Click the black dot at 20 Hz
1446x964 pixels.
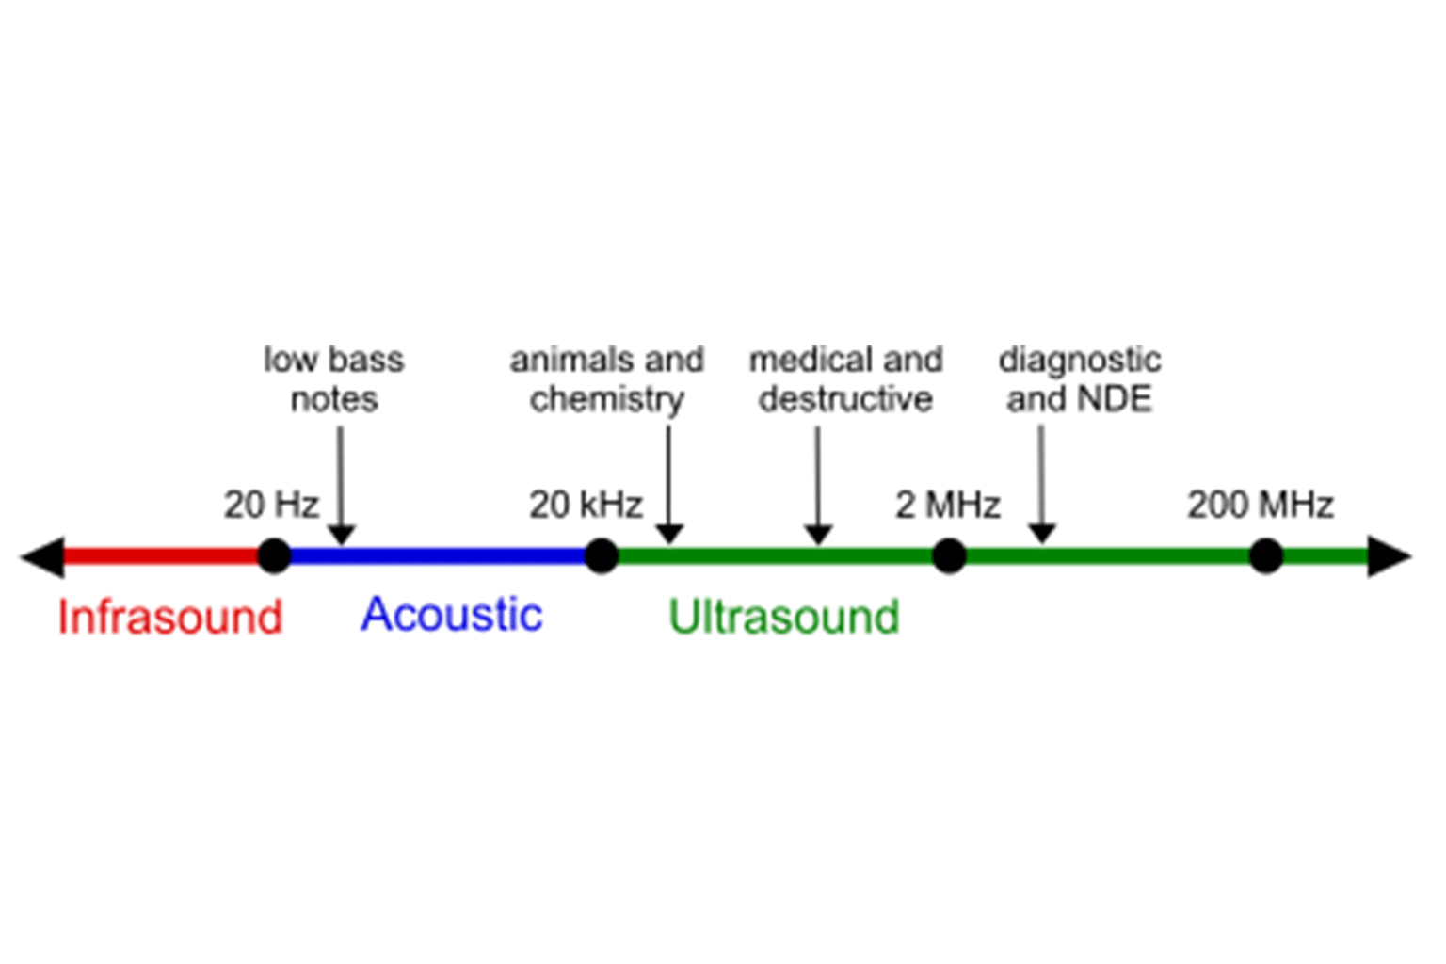(274, 555)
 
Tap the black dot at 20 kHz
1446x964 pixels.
(601, 555)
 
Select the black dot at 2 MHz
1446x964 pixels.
(949, 555)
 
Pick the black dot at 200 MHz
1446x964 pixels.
(1266, 555)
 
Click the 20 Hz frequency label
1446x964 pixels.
(271, 505)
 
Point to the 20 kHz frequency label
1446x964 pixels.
(586, 505)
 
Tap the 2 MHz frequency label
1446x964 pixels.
(947, 505)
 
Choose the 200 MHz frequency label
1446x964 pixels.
(1260, 505)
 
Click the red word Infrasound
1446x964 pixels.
(169, 618)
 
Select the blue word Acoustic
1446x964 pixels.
(451, 615)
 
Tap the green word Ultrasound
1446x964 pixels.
(783, 618)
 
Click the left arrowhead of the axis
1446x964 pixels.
(43, 556)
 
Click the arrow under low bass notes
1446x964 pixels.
(341, 485)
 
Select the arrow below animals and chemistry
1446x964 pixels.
(668, 485)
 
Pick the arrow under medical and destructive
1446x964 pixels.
(818, 485)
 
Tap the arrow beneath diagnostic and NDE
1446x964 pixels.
(1041, 485)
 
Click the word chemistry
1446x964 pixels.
(606, 399)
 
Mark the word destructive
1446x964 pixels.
(845, 399)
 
